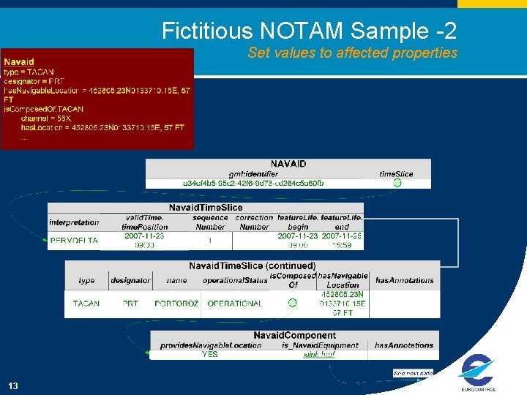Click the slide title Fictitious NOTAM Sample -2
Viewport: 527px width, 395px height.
tap(309, 31)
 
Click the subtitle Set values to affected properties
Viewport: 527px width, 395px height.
tap(352, 53)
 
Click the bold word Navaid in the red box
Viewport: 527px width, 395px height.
tap(19, 61)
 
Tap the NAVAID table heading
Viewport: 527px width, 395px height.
tap(288, 164)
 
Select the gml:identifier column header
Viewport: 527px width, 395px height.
tap(253, 174)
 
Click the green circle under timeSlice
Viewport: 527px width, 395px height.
tap(397, 183)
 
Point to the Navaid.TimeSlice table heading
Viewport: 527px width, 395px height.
tap(206, 208)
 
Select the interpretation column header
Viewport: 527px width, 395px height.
tap(74, 222)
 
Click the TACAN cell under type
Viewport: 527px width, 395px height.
tap(86, 304)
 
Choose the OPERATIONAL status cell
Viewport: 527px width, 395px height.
tap(235, 304)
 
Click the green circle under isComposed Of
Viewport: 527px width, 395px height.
tap(293, 303)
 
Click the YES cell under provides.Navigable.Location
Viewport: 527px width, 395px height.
tap(210, 355)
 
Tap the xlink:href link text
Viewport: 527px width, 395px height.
tap(320, 355)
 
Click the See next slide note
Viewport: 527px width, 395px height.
tap(413, 373)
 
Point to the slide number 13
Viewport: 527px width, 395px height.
tap(13, 386)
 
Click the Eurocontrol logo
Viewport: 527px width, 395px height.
tap(477, 373)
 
